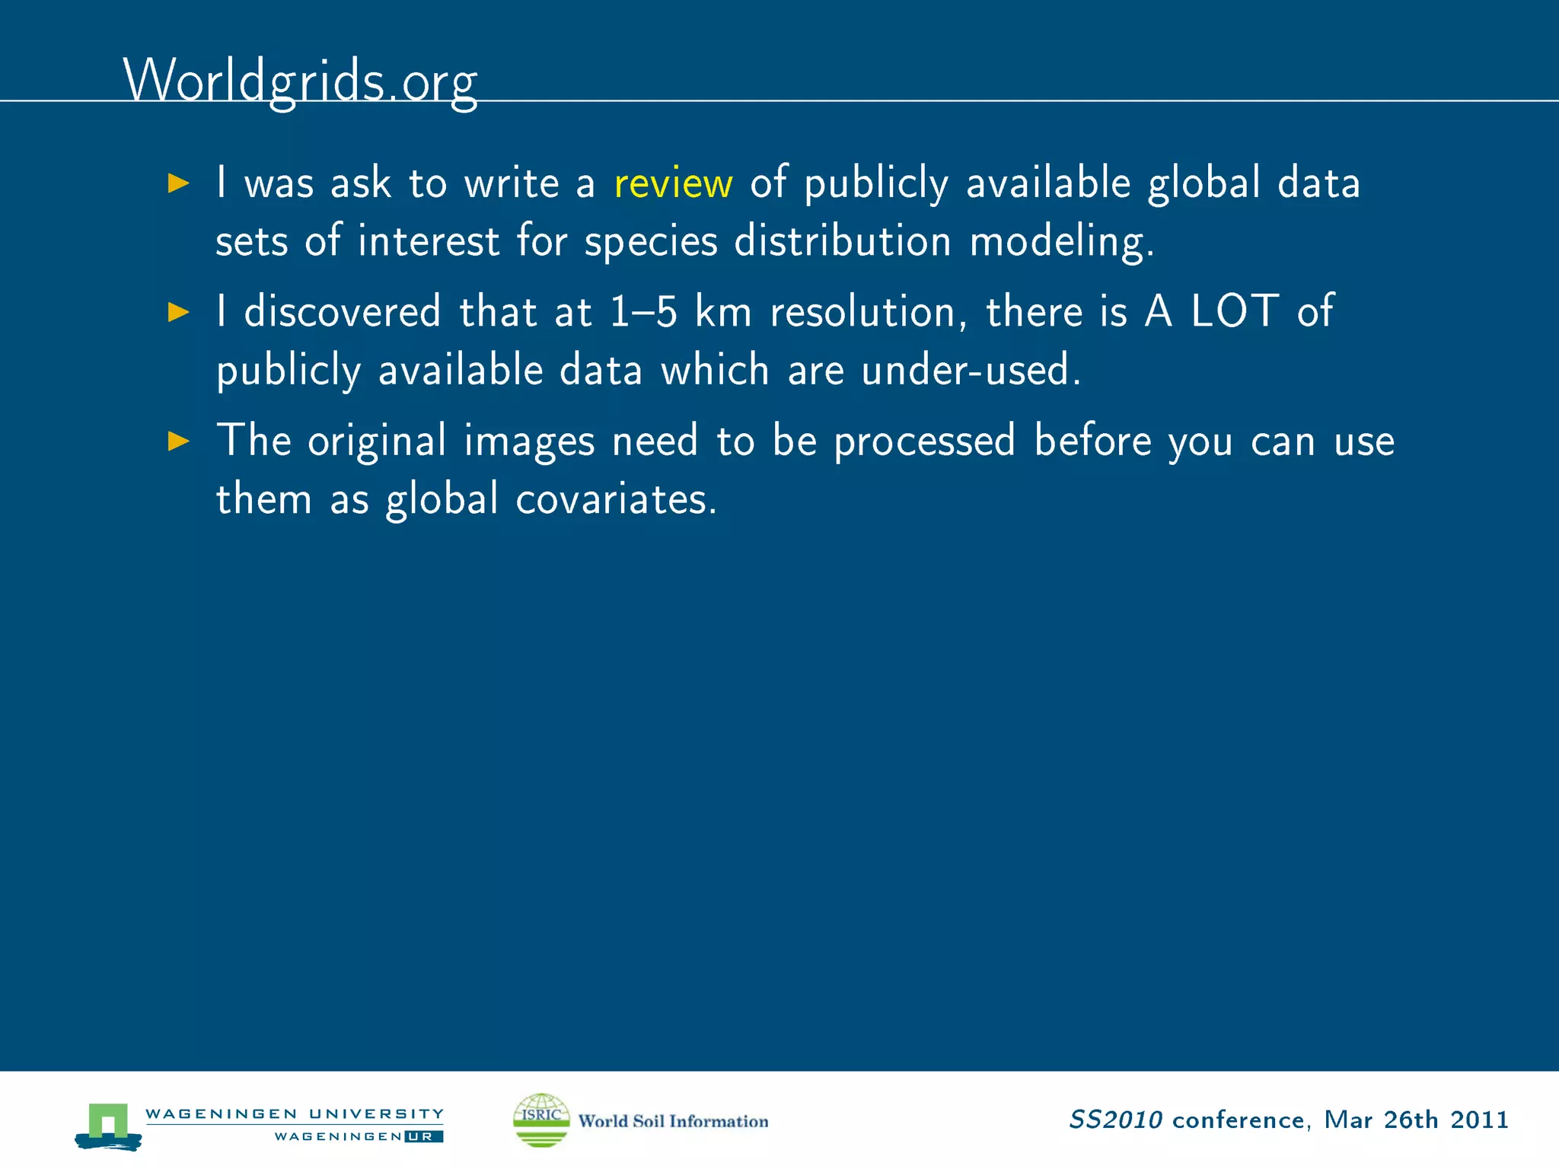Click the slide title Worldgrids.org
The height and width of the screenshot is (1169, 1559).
pos(300,81)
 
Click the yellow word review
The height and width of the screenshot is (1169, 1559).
pos(673,183)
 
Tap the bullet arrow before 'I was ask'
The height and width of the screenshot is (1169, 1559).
pos(178,183)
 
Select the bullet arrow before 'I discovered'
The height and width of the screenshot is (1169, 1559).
pos(178,312)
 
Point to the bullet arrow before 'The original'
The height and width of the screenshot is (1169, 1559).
pos(178,441)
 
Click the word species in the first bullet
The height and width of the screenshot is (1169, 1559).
pos(651,242)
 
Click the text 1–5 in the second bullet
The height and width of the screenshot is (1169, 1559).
pos(643,312)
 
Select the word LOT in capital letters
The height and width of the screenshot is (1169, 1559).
pos(1234,311)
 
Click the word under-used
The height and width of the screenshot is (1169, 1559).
pos(971,371)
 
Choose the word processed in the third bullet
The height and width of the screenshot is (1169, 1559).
pos(925,441)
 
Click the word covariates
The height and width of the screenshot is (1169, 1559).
pos(615,500)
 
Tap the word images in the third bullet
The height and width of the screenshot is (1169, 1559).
pos(529,441)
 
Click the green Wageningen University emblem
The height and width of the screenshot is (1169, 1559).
pos(108,1125)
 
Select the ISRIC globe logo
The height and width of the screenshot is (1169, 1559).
pos(541,1120)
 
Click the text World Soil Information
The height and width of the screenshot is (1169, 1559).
pos(673,1121)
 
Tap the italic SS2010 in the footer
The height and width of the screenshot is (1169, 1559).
pos(1115,1120)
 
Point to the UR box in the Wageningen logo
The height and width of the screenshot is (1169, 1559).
pos(423,1137)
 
